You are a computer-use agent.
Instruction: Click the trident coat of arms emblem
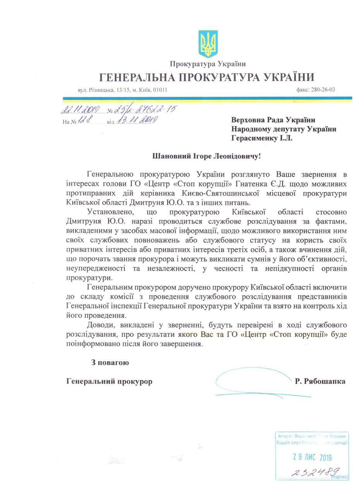coord(208,44)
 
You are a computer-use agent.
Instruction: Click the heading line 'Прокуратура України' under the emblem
coord(208,64)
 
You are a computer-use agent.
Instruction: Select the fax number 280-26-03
coord(321,90)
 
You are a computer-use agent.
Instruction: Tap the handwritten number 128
coord(84,120)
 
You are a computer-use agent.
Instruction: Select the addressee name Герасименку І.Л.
coord(262,138)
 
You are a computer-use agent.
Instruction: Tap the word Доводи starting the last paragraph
coord(100,323)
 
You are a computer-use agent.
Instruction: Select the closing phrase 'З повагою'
coord(110,363)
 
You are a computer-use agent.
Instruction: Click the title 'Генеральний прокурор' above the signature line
coord(109,381)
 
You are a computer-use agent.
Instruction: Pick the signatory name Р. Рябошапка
coord(320,381)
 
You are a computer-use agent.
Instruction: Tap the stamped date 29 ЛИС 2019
coord(312,457)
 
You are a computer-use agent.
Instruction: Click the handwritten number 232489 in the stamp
coord(316,471)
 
